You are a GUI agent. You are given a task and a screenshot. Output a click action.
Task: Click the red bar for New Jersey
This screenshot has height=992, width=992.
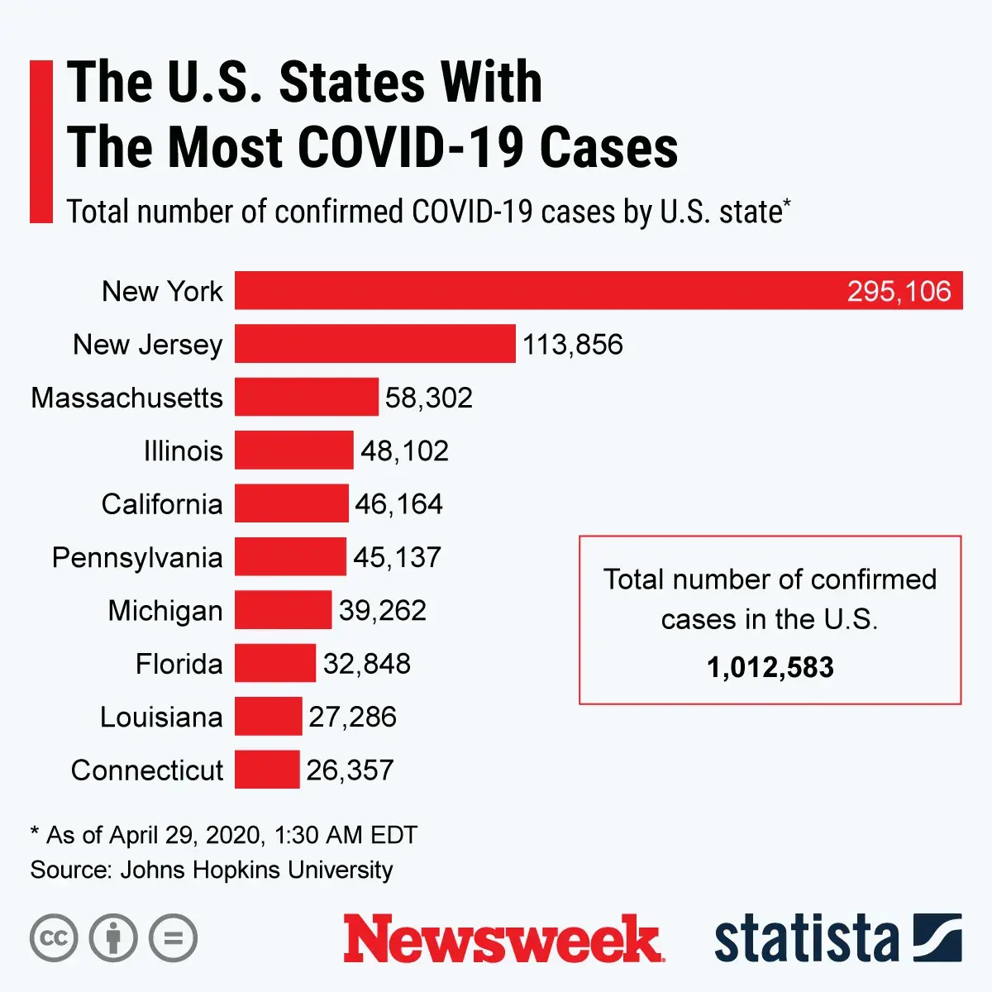tap(374, 344)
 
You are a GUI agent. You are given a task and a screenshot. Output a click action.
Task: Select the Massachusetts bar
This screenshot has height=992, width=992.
tap(306, 397)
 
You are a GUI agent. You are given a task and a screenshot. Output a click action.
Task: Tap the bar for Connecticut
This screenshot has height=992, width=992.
tap(266, 770)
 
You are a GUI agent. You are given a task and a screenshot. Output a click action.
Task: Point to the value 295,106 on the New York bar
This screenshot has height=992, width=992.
tap(899, 291)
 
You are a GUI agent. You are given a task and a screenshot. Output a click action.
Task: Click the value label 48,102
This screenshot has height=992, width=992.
tap(404, 451)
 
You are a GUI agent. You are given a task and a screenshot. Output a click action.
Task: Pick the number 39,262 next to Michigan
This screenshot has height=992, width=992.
tap(382, 610)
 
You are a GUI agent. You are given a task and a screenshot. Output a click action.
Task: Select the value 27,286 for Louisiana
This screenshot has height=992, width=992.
tap(352, 717)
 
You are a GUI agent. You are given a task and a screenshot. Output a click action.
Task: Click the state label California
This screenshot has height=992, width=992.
tap(162, 504)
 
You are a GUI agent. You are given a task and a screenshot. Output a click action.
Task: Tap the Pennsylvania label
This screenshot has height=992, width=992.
tap(137, 557)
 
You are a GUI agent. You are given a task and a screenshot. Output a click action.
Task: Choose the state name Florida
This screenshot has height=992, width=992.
tap(179, 664)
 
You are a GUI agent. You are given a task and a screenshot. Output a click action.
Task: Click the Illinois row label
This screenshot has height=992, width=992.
tap(183, 451)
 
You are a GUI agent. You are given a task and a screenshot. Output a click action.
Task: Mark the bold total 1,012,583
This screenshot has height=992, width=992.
tap(770, 667)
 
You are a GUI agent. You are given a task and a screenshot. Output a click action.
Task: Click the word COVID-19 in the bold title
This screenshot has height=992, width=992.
tap(410, 148)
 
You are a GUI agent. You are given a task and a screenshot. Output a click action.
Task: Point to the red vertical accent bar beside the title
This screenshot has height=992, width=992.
tap(41, 141)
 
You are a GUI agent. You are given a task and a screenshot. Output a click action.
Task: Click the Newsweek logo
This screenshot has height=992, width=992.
tap(503, 938)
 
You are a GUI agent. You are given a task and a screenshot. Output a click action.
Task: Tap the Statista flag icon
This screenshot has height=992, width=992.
tap(937, 937)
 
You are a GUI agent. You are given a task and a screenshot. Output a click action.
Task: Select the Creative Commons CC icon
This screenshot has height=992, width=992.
tap(54, 938)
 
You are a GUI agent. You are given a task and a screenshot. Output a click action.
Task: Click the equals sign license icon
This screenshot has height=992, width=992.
tap(174, 938)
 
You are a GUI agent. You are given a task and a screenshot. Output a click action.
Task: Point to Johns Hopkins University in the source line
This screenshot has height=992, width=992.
tap(256, 870)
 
